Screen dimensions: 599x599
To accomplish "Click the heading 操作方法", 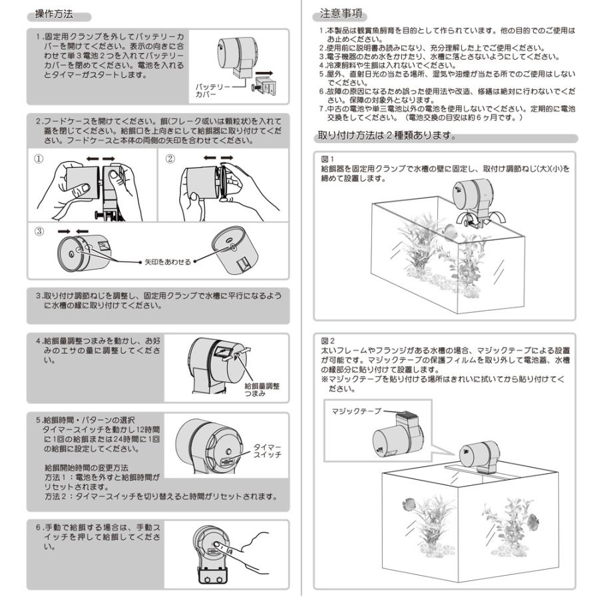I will click(55, 14).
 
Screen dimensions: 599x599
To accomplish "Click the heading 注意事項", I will click(342, 14).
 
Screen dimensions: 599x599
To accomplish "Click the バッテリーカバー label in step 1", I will click(214, 91).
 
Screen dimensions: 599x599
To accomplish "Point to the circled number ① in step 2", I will click(39, 158).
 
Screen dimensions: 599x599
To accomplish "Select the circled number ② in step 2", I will click(170, 158).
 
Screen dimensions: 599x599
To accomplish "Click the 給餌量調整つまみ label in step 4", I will click(262, 390).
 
